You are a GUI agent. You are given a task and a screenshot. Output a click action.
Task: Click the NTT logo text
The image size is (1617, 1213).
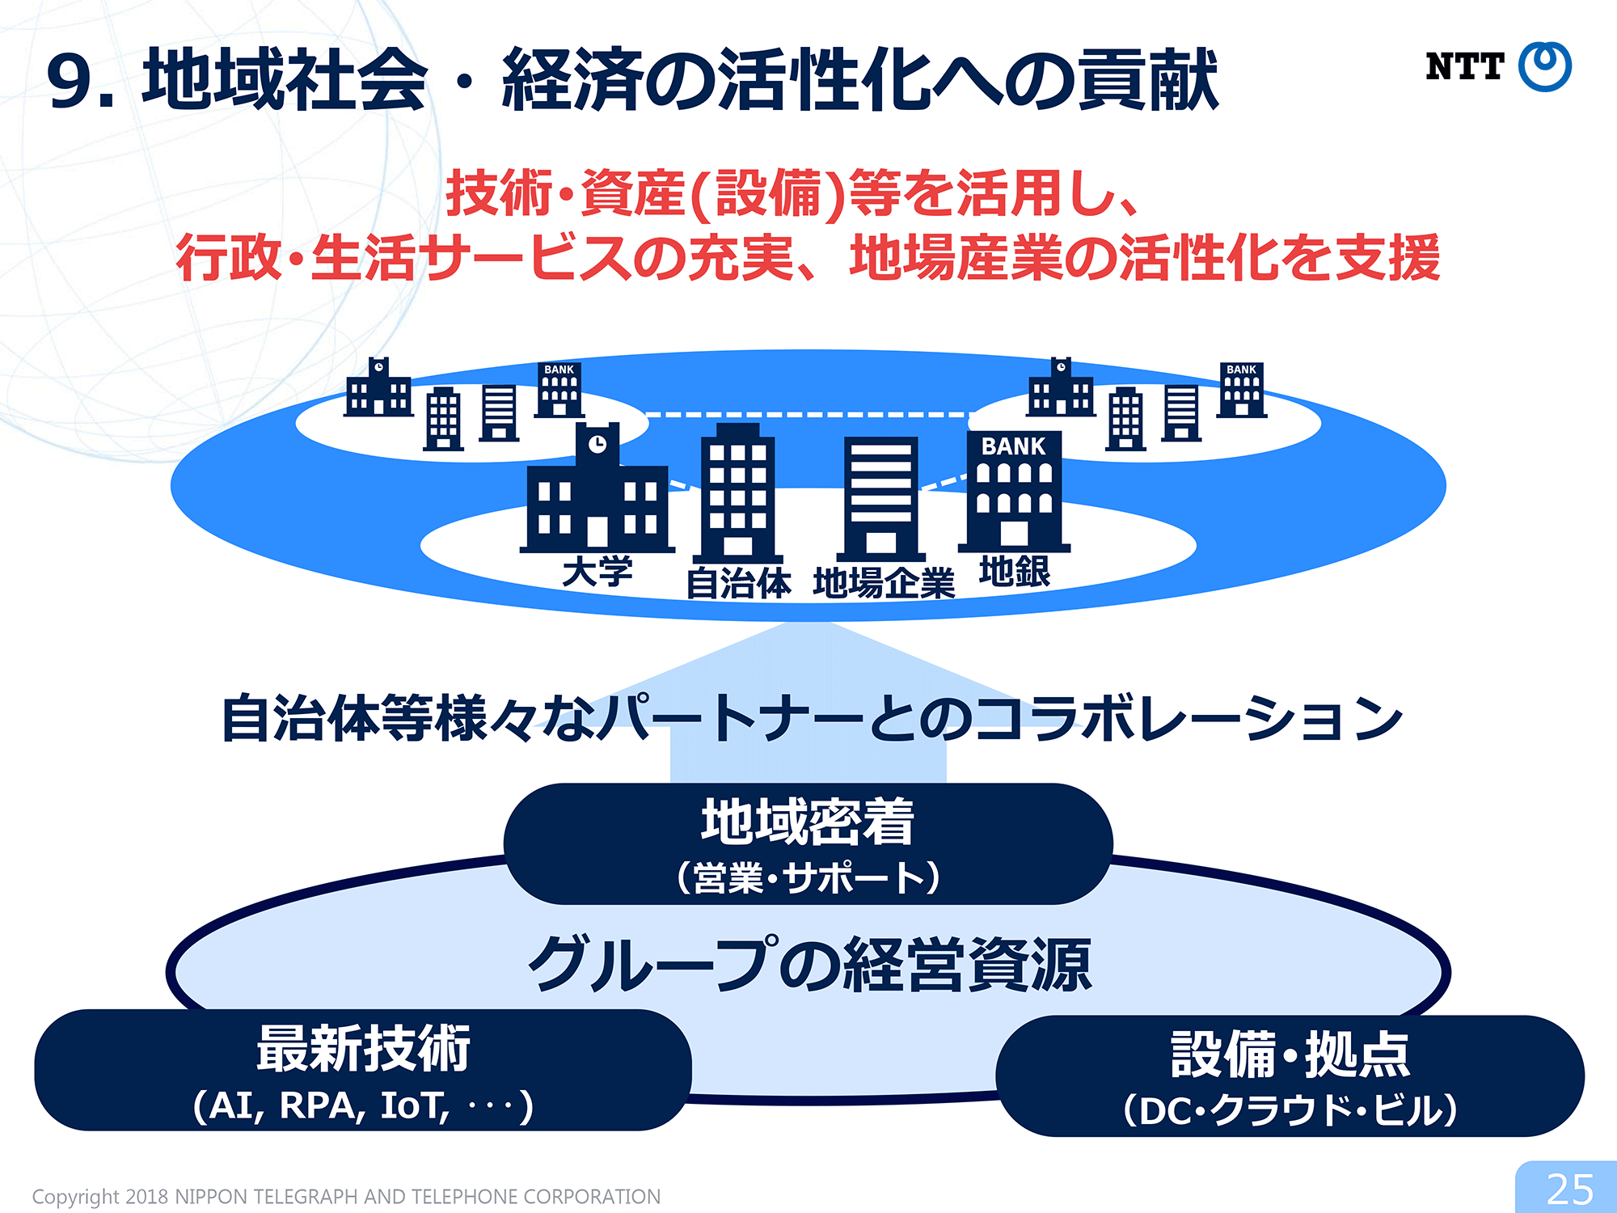[x=1464, y=66]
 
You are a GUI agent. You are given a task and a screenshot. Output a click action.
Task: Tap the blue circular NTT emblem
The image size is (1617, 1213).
[x=1545, y=66]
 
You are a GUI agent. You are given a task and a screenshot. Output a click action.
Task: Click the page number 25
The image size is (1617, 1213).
[x=1569, y=1190]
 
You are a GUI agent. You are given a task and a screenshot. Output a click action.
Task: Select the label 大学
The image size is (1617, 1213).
[x=597, y=572]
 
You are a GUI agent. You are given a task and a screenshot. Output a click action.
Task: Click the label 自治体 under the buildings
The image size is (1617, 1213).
[x=738, y=582]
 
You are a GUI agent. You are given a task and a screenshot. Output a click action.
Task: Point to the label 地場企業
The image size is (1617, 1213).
[x=884, y=582]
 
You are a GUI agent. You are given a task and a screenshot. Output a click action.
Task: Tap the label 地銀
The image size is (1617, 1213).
[x=1015, y=571]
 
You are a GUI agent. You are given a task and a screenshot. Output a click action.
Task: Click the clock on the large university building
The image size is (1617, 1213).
[x=597, y=444]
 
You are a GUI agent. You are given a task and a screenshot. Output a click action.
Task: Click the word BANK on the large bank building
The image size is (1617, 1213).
[x=1013, y=446]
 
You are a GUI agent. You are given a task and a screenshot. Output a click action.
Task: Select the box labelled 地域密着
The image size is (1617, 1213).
[x=808, y=843]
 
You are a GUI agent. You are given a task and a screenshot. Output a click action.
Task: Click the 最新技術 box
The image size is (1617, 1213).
[x=363, y=1070]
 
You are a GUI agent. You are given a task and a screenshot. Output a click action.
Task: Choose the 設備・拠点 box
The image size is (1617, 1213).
[x=1290, y=1076]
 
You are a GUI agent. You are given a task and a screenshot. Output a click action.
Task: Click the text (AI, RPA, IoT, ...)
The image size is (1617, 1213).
[x=363, y=1105]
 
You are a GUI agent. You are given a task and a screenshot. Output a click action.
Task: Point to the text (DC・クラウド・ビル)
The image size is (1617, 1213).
[x=1290, y=1110]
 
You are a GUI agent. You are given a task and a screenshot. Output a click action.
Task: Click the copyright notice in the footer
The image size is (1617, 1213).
[x=346, y=1196]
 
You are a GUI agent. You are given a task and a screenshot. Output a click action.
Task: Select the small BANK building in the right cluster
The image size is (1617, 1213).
[x=1242, y=390]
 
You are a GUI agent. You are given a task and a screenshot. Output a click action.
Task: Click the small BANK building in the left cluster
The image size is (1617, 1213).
[x=559, y=390]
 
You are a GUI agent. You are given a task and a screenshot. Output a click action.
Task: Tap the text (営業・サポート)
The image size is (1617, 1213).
[x=808, y=877]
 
